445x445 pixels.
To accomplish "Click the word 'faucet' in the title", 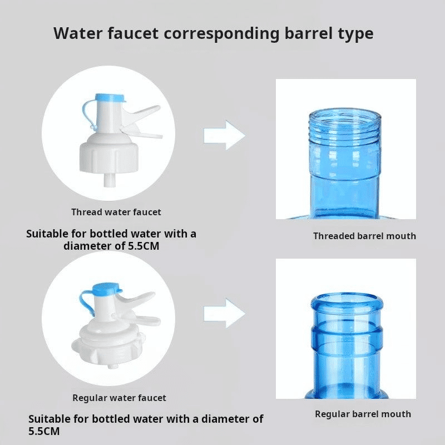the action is pos(133,33).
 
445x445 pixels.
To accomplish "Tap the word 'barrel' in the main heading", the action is pos(309,33).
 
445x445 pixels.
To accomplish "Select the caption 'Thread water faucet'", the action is pos(116,212).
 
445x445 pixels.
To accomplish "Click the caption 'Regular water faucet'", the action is pos(119,398).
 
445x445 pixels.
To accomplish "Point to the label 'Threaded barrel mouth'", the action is pos(364,236).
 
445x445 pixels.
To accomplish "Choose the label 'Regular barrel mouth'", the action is pos(363,414).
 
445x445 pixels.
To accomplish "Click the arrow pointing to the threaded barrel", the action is pos(224,135).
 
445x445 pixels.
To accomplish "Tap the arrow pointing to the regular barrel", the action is pos(224,314).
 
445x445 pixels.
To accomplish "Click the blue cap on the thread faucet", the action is pos(110,98).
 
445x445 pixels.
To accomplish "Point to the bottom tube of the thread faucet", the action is pos(108,180).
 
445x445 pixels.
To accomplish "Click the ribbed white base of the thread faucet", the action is pos(109,158).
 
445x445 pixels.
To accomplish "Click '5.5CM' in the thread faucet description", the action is pos(144,246).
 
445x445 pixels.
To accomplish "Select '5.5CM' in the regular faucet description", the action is pos(44,432).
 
